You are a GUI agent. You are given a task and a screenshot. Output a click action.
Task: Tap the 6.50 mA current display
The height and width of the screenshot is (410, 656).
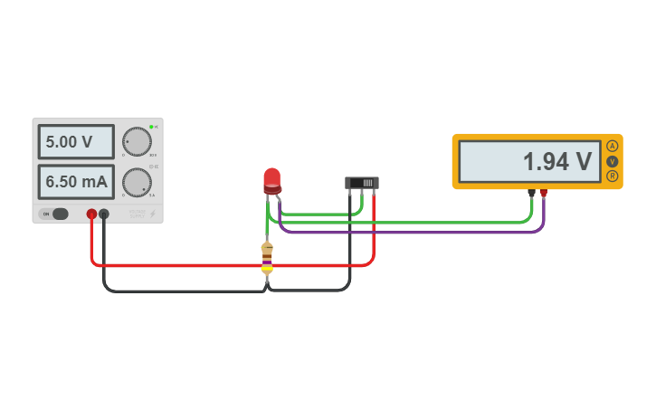point(76,182)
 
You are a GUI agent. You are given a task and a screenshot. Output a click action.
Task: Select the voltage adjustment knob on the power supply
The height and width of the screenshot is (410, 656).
point(137,141)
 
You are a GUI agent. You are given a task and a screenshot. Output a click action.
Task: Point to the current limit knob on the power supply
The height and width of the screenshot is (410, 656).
point(137,182)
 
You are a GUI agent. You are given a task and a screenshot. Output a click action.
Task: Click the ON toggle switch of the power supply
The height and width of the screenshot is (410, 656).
point(54,214)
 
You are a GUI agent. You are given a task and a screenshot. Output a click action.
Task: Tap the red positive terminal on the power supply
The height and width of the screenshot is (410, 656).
point(91,215)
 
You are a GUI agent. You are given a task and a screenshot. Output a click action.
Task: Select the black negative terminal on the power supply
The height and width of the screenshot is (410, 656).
point(104,215)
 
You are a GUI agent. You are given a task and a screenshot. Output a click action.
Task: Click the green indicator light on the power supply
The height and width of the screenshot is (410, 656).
point(151,127)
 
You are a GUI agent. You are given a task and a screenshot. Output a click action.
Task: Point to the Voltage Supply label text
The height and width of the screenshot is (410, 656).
point(137,214)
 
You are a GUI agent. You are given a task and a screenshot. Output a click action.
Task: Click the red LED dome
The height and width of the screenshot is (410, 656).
point(272,177)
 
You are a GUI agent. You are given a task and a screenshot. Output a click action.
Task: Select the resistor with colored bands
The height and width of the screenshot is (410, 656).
point(267,257)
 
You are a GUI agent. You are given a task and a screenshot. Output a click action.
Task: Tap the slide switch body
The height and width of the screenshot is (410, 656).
point(362,182)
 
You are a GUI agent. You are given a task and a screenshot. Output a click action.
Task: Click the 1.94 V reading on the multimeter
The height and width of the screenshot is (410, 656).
point(556,162)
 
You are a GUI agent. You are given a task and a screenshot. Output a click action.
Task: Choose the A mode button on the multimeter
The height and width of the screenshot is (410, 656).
point(613,147)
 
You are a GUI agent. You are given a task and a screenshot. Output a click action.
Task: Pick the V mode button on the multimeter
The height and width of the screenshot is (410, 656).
point(613,161)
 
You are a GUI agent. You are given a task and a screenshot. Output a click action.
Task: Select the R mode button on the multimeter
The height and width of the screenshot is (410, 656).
point(613,176)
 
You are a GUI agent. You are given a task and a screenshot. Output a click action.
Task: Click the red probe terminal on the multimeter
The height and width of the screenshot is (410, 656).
point(543,193)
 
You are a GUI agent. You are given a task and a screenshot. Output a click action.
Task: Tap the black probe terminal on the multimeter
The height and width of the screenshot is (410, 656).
point(531,193)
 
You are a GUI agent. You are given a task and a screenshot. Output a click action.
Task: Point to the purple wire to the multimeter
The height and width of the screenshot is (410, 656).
point(407,232)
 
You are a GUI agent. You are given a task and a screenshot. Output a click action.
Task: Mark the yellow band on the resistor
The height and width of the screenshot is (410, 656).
point(267,269)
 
